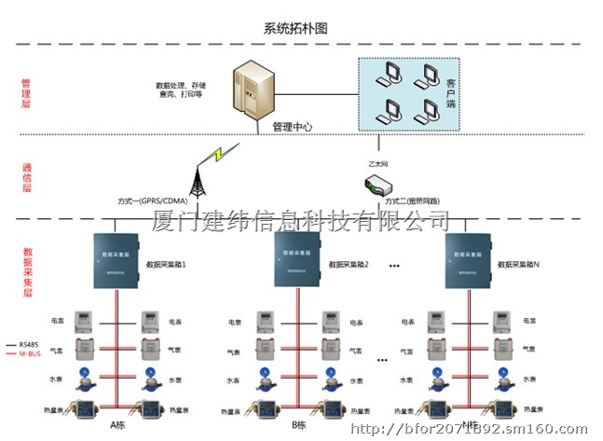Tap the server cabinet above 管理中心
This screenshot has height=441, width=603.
point(255,89)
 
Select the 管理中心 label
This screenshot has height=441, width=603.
point(292,127)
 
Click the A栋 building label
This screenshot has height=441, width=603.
point(117,425)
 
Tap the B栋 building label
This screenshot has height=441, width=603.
point(299,425)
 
